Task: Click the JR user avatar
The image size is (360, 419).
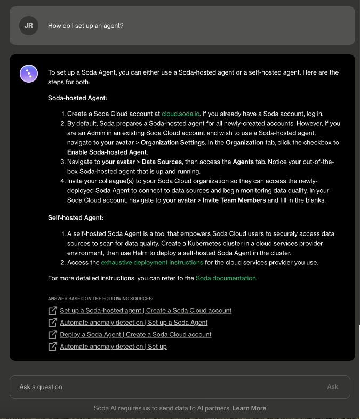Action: tap(29, 26)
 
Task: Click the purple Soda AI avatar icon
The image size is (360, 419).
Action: tap(29, 74)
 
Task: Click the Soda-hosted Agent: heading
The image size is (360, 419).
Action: tap(77, 98)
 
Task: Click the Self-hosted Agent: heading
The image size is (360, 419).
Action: tap(75, 218)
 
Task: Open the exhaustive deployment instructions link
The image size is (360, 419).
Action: tap(152, 263)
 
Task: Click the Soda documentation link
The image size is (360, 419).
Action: tap(226, 278)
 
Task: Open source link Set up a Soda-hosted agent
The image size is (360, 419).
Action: tap(146, 310)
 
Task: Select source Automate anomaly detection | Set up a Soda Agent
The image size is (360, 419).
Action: tap(133, 323)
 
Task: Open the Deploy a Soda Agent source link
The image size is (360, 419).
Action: tap(135, 334)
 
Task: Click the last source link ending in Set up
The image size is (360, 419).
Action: tap(113, 347)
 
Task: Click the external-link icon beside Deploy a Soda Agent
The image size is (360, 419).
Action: tap(52, 335)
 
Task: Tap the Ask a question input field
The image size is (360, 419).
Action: tap(171, 387)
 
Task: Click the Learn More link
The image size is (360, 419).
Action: tap(249, 408)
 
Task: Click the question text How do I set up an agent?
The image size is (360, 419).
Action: tap(85, 26)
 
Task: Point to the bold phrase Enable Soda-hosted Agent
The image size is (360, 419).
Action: tap(107, 152)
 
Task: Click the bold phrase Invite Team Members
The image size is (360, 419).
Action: tap(234, 200)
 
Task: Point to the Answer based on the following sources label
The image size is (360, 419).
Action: tap(100, 299)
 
